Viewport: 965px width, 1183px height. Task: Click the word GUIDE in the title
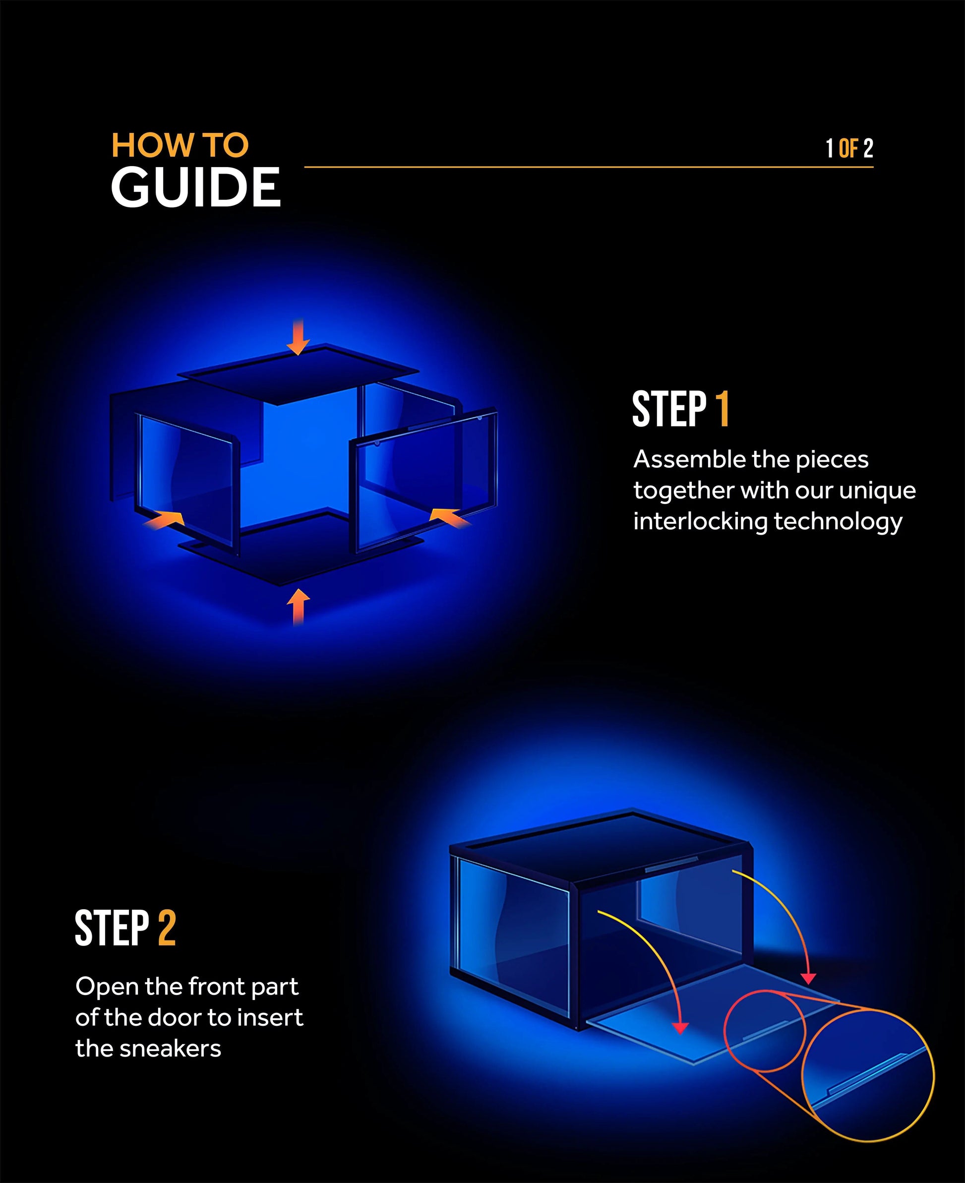[x=196, y=188]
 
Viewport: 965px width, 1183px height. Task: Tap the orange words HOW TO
[x=180, y=145]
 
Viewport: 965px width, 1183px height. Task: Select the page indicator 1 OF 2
[x=849, y=148]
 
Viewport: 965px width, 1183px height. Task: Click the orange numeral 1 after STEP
[x=722, y=409]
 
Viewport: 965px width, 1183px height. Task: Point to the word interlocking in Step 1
[x=700, y=521]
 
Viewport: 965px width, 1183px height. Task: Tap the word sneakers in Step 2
[x=170, y=1049]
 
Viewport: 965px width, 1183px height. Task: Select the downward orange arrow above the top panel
[x=299, y=337]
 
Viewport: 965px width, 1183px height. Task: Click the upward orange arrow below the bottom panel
[x=299, y=606]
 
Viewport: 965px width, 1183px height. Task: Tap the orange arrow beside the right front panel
[x=449, y=516]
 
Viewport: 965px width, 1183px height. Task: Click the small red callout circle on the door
[x=764, y=1031]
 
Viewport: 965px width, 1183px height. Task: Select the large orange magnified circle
[x=867, y=1076]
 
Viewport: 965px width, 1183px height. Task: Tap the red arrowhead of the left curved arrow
[x=680, y=1028]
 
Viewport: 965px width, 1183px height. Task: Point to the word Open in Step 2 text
[x=106, y=987]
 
